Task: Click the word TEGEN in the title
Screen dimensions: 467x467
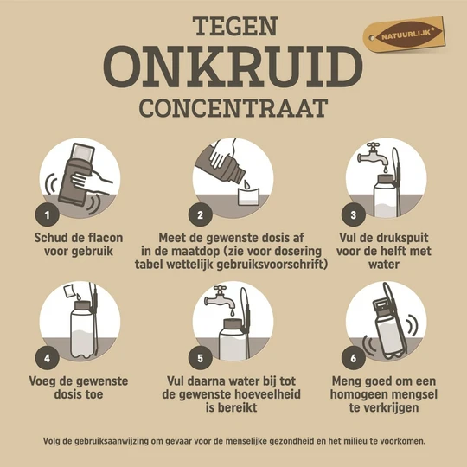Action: click(x=233, y=26)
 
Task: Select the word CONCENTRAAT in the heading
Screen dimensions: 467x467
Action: click(x=233, y=109)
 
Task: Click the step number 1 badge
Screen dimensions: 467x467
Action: click(x=46, y=212)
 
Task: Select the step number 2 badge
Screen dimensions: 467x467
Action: click(x=201, y=212)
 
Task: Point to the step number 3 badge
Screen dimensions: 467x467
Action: click(x=354, y=212)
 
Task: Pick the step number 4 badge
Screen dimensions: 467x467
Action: click(x=46, y=355)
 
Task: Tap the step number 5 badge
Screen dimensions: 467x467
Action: click(x=201, y=355)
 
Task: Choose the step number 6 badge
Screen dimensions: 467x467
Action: click(x=354, y=355)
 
